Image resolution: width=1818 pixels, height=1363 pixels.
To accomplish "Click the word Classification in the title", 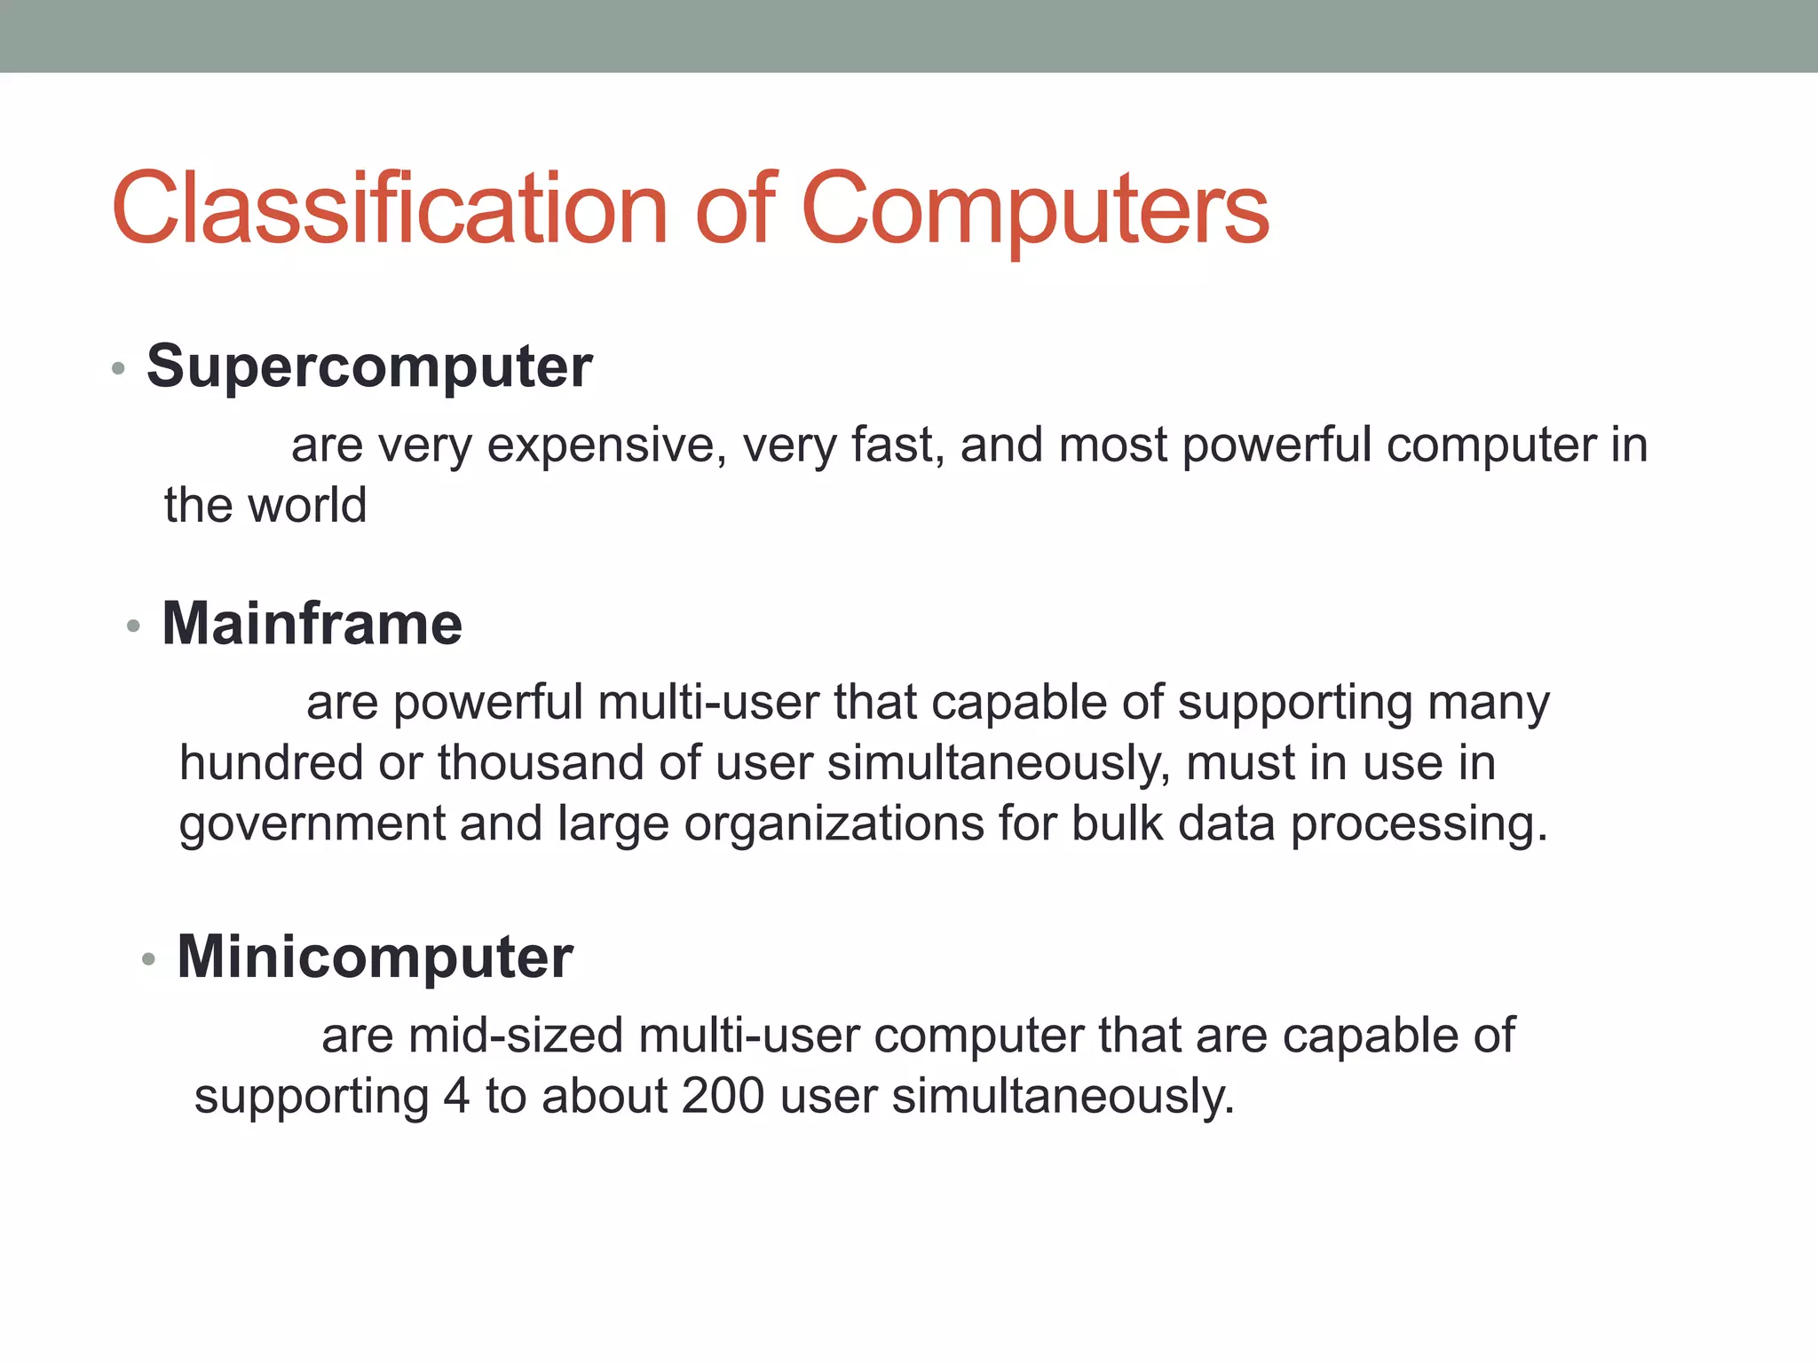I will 389,209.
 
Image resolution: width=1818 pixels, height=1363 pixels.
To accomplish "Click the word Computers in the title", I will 1035,209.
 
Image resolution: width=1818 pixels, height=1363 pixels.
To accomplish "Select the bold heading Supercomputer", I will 369,366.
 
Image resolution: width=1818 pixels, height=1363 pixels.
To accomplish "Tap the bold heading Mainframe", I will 312,623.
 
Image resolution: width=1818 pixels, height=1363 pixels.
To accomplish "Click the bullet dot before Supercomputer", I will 118,368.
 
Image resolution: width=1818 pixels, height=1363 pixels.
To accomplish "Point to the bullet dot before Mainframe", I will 133,626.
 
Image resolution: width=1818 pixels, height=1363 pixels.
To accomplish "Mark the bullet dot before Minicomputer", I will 148,959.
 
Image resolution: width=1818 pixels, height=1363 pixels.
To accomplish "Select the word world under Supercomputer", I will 308,506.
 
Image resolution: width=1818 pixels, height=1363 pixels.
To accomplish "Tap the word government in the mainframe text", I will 312,824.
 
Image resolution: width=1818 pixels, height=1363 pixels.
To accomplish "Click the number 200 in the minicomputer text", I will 723,1096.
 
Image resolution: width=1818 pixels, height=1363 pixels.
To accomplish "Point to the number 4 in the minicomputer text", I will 456,1096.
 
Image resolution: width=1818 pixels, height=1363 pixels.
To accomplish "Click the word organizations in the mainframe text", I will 834,824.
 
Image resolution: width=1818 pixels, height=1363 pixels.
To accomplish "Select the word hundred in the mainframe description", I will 271,763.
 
